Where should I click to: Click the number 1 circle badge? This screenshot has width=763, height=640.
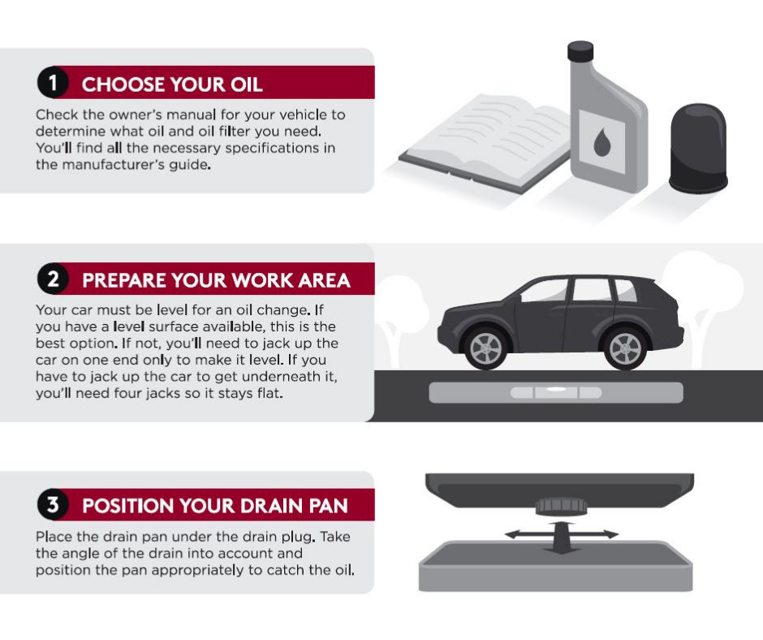(52, 84)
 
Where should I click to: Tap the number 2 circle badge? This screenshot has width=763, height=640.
(52, 280)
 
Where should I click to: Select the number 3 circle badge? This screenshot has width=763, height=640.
(52, 506)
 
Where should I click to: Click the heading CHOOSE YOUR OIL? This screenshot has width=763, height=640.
(172, 84)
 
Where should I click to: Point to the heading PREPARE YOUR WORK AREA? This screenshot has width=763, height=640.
(216, 281)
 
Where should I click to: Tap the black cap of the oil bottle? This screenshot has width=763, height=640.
(580, 52)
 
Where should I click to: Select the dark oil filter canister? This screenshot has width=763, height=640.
(697, 148)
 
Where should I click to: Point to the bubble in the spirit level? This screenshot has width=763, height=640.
(557, 392)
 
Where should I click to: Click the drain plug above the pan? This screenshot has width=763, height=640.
(558, 505)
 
